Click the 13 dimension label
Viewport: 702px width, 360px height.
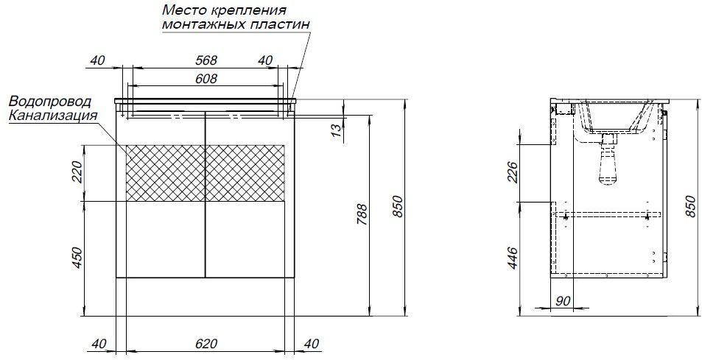tap(335, 130)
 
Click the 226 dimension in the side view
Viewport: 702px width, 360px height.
tap(513, 172)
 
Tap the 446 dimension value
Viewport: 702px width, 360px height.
tap(513, 258)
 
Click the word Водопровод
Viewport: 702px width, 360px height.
tap(49, 102)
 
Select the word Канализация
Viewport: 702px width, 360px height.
tap(53, 115)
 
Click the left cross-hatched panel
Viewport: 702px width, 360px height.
tap(164, 172)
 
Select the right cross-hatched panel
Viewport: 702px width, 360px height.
tap(244, 172)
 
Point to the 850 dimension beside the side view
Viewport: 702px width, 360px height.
tap(690, 208)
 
